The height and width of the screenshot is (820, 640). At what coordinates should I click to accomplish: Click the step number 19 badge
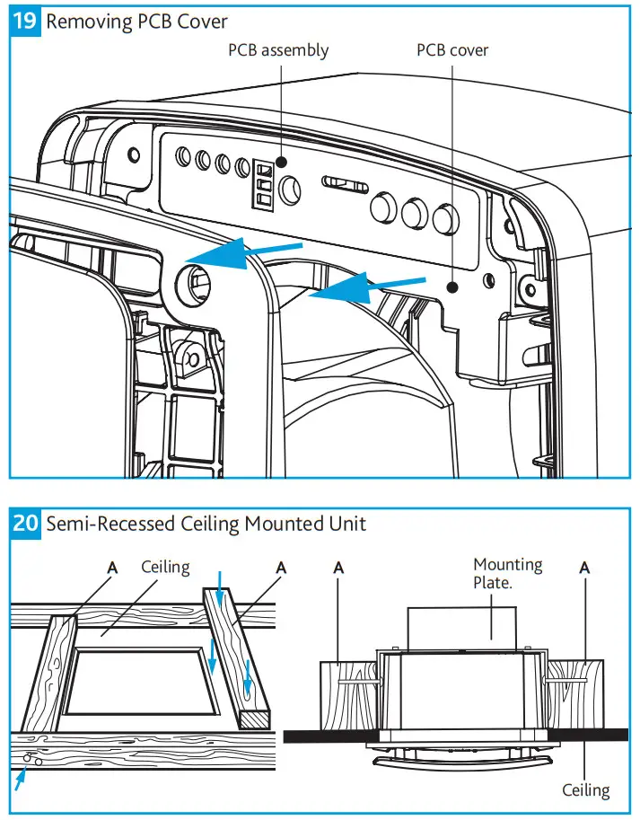[x=24, y=22]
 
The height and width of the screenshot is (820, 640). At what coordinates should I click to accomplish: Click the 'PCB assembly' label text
[x=278, y=50]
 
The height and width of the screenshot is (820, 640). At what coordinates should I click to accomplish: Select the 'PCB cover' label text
[x=452, y=50]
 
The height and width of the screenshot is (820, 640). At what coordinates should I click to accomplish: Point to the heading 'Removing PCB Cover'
[x=136, y=22]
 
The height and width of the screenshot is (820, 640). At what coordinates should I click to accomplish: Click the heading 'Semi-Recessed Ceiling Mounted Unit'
[x=206, y=524]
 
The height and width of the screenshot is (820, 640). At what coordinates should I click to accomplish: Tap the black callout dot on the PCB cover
[x=452, y=287]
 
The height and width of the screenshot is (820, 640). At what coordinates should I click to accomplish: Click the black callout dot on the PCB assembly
[x=281, y=162]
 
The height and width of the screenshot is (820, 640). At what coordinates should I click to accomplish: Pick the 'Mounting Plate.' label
[x=508, y=573]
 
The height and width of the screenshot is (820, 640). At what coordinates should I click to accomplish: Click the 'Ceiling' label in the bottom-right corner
[x=585, y=789]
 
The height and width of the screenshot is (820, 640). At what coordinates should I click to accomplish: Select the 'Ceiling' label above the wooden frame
[x=166, y=567]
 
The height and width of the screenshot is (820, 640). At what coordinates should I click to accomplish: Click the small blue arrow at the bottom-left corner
[x=20, y=779]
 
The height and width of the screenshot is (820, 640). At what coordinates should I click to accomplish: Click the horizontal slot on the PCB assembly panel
[x=345, y=183]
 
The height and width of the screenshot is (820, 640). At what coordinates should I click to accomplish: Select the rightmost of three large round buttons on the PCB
[x=445, y=219]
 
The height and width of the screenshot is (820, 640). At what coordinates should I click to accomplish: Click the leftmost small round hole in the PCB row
[x=183, y=156]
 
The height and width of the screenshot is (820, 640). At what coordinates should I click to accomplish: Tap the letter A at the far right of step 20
[x=584, y=568]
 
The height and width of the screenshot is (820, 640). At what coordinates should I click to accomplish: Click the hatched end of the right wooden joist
[x=254, y=720]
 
